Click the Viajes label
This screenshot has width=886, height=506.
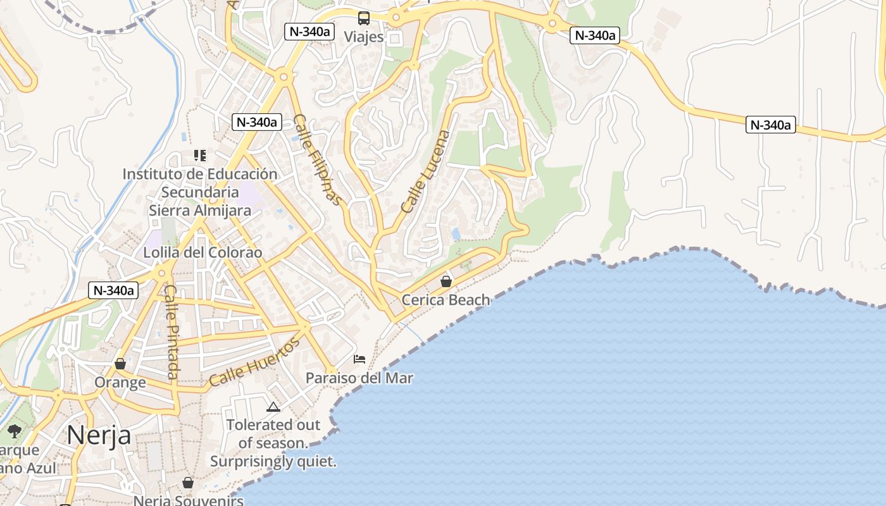[x=364, y=37]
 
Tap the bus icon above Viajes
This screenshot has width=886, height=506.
[x=364, y=18]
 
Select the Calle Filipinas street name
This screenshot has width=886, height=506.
[x=318, y=160]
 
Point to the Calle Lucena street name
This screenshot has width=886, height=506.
[x=425, y=171]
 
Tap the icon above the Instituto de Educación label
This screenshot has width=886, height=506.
[x=200, y=156]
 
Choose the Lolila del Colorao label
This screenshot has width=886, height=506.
[x=203, y=252]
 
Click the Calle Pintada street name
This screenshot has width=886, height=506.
[x=172, y=332]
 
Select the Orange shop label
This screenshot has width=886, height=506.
[x=120, y=383]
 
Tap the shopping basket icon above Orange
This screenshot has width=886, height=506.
[x=120, y=364]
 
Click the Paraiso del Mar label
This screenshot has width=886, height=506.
[x=359, y=378]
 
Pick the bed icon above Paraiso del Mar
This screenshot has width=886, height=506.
[x=359, y=359]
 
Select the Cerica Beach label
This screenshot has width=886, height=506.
[x=446, y=300]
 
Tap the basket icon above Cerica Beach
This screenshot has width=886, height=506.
[x=446, y=281]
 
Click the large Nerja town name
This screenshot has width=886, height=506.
[x=99, y=435]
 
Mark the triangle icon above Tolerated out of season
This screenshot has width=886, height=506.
[x=273, y=407]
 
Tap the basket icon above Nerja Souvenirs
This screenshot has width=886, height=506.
[x=188, y=483]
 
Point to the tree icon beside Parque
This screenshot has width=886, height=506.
[x=15, y=431]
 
